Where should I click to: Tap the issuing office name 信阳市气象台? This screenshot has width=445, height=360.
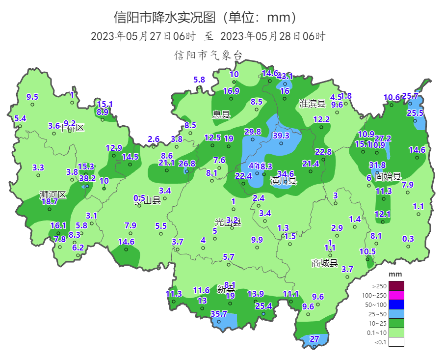209,55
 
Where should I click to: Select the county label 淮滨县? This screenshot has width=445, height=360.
313,103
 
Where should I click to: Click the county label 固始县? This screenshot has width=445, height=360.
388,176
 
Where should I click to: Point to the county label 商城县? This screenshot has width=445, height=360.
325,263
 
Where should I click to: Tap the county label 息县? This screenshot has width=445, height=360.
221,115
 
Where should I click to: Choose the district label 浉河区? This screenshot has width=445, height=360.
52,195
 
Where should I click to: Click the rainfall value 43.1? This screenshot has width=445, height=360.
285,76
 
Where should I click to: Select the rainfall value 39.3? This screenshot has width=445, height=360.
281,136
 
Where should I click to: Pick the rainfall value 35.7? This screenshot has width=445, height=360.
219,314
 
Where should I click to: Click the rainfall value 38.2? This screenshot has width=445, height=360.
87,178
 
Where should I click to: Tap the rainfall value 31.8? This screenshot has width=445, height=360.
377,165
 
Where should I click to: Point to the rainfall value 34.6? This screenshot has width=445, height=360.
286,174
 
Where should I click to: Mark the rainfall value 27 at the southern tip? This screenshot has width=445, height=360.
314,339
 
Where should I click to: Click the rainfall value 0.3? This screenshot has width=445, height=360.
408,239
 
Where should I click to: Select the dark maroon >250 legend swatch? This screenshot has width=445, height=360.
396,286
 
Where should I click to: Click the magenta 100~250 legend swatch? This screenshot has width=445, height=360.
396,295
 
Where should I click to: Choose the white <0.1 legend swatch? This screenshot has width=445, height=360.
396,342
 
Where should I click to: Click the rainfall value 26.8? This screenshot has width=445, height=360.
186,164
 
